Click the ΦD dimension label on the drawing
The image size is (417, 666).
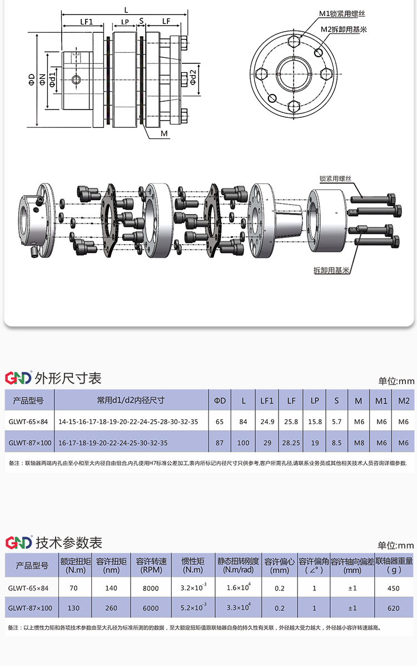pyautogui.click(x=32, y=79)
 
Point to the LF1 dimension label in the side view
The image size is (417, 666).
pyautogui.click(x=86, y=21)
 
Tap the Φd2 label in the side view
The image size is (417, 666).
pyautogui.click(x=193, y=77)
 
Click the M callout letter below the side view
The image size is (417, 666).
pyautogui.click(x=165, y=133)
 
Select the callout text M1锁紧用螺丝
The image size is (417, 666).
pyautogui.click(x=342, y=14)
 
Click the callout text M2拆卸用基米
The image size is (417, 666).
pyautogui.click(x=344, y=29)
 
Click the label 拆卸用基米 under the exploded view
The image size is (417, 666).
pyautogui.click(x=331, y=270)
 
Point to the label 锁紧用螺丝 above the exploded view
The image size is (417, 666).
pyautogui.click(x=335, y=178)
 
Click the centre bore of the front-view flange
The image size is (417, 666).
pyautogui.click(x=294, y=73)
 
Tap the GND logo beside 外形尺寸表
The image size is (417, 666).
pyautogui.click(x=18, y=377)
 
